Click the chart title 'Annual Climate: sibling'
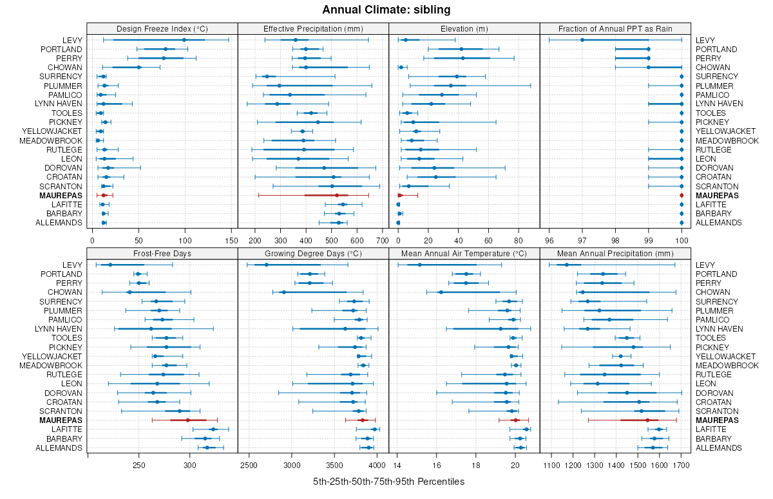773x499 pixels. click(x=386, y=10)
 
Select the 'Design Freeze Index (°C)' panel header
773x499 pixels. click(x=162, y=28)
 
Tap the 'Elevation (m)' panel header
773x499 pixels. click(x=464, y=28)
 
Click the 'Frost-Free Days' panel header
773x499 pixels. click(x=162, y=253)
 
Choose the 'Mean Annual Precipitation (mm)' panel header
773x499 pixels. click(x=615, y=253)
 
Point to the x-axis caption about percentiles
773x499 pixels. click(x=388, y=482)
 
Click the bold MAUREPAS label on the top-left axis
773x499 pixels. click(x=61, y=195)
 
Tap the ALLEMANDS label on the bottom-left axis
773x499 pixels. click(x=59, y=448)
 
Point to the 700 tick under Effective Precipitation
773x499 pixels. click(x=382, y=241)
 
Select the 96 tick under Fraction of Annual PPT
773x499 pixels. click(x=549, y=241)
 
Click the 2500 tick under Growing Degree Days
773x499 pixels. click(x=249, y=466)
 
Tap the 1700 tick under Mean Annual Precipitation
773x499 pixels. click(x=682, y=466)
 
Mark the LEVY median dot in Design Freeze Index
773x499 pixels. click(x=184, y=40)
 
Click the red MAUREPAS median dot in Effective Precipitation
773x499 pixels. click(x=337, y=195)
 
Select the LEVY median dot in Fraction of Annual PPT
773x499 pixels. click(x=582, y=40)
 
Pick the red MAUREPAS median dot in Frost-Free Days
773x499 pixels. click(x=187, y=420)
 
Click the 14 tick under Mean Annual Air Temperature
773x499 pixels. click(x=397, y=466)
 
